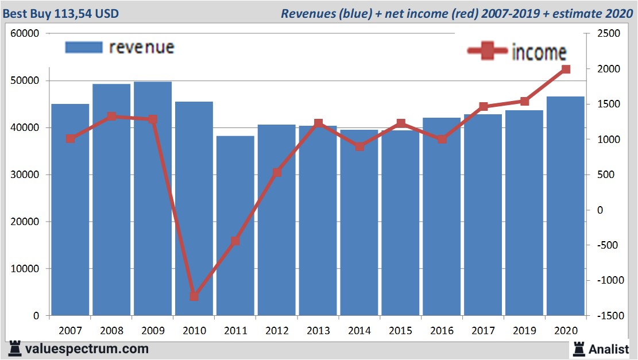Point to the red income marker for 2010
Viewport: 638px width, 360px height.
click(194, 296)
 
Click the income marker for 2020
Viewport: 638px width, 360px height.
click(566, 69)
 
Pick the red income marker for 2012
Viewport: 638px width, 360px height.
click(277, 172)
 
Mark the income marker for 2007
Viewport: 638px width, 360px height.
click(70, 138)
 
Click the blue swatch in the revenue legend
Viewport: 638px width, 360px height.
click(83, 47)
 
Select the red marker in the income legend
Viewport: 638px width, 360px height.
click(488, 52)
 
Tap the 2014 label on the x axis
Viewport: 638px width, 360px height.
click(359, 331)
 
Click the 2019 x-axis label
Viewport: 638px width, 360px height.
click(524, 331)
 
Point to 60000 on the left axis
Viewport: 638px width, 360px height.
click(25, 33)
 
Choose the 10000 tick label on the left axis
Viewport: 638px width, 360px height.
click(25, 269)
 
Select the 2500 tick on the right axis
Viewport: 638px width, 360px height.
click(609, 34)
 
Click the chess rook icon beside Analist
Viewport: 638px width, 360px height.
click(578, 348)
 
